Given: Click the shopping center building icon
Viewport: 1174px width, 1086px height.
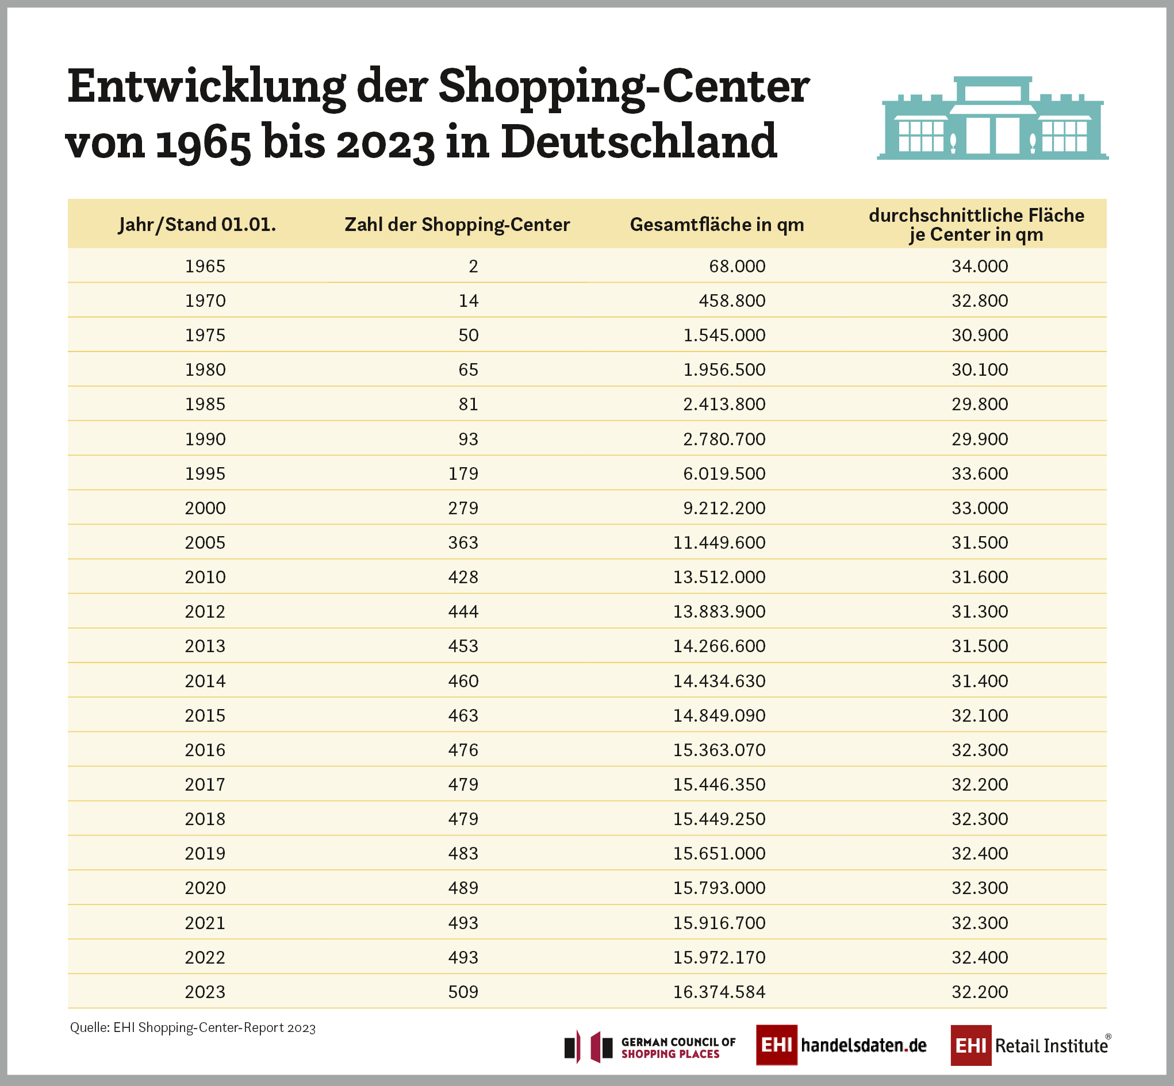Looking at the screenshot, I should click(x=992, y=119).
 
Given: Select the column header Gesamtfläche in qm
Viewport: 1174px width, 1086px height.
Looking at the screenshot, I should click(x=716, y=225).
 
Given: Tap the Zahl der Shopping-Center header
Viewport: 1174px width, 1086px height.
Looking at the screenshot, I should click(x=457, y=225).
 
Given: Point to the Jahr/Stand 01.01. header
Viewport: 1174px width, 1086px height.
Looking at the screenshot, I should click(x=197, y=225).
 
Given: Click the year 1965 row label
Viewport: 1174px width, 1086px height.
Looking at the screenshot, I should click(x=205, y=266).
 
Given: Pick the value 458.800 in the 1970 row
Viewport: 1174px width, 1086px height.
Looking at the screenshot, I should click(x=732, y=301).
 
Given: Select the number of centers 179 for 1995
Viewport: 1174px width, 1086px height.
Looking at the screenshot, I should click(x=463, y=473).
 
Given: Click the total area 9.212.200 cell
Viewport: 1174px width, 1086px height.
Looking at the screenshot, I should click(x=724, y=508).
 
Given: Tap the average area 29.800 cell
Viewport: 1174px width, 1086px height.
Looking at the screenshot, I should click(x=980, y=405).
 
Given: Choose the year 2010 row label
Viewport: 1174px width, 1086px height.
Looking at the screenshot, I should click(x=205, y=577).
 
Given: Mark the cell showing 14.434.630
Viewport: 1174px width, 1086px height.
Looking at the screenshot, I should click(x=719, y=681).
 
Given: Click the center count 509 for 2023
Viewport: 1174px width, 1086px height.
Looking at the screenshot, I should click(x=463, y=992).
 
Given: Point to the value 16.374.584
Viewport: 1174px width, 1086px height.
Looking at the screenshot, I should click(x=719, y=992).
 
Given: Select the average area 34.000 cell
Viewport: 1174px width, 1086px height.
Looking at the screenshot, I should click(x=980, y=266).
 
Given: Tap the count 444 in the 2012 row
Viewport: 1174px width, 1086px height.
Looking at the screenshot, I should click(x=463, y=612).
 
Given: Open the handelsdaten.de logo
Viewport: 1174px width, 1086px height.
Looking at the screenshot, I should click(x=841, y=1045).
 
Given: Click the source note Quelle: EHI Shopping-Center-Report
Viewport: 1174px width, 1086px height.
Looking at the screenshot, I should click(x=193, y=1028).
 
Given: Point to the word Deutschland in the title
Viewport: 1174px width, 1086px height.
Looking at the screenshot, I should click(x=639, y=141).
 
